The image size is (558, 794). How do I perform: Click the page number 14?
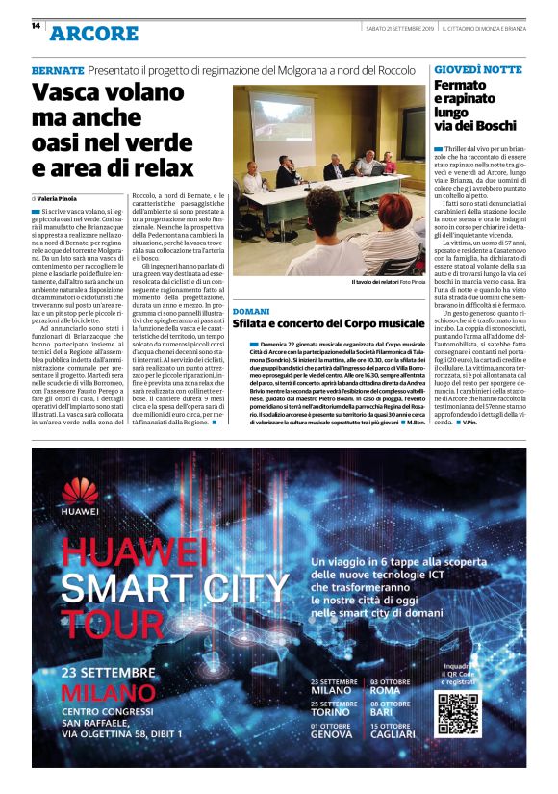coord(36,26)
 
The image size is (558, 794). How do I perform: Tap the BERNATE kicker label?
coord(57,70)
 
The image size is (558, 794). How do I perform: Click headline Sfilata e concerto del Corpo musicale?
coord(328,325)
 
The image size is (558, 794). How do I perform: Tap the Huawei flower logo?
coord(80,492)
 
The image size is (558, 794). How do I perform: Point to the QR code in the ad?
coord(457,713)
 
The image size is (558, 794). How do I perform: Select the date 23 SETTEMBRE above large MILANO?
coord(108,671)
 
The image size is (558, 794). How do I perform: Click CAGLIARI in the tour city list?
coord(393,733)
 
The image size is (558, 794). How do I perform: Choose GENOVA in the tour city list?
coord(332,733)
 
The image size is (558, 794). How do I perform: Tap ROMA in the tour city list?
coord(385,690)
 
